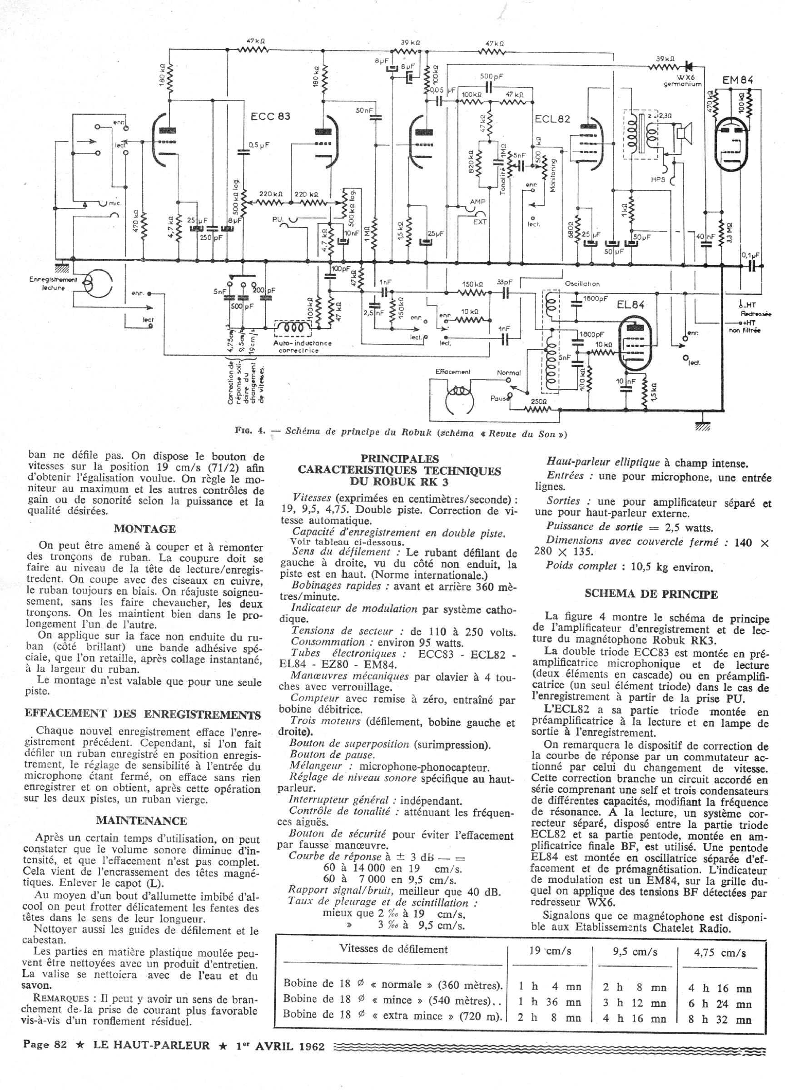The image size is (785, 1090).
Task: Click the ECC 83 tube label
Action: point(270,117)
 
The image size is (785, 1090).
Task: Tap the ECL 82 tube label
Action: point(552,119)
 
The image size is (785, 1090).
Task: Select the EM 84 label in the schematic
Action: point(737,80)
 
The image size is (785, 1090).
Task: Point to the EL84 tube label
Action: point(631,305)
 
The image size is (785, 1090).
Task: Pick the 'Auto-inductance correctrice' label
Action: point(302,347)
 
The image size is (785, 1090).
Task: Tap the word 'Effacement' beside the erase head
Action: point(453,372)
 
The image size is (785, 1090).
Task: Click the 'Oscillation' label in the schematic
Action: point(581,284)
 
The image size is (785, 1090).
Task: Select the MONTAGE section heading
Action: point(145,529)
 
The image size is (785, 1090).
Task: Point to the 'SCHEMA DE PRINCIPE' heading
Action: point(651,594)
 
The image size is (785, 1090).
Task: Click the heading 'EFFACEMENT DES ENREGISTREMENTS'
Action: point(143,715)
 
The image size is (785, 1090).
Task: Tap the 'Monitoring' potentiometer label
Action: point(553,176)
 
